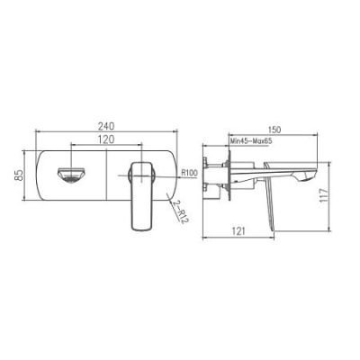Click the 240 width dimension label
pyautogui.click(x=106, y=126)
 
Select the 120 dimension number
pyautogui.click(x=106, y=139)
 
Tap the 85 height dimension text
pyautogui.click(x=20, y=175)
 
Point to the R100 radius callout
pyautogui.click(x=189, y=173)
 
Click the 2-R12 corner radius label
pyautogui.click(x=179, y=211)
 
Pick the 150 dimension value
pyautogui.click(x=274, y=130)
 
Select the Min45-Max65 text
pyautogui.click(x=251, y=141)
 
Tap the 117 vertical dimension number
pyautogui.click(x=324, y=195)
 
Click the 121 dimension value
pyautogui.click(x=239, y=231)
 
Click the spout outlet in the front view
pyautogui.click(x=71, y=175)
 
